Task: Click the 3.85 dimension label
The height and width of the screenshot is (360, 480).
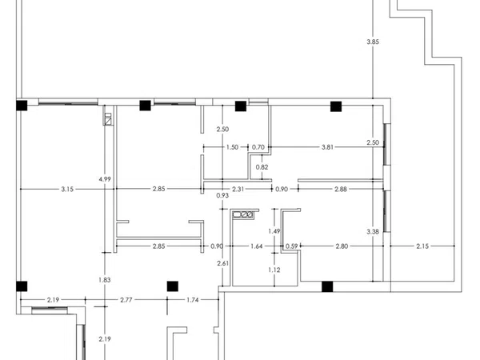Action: pos(373,42)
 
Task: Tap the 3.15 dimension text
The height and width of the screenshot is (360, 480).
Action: pos(67,189)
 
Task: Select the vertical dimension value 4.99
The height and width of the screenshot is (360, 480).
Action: pos(105,179)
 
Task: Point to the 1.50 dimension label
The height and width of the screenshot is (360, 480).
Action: pos(232,147)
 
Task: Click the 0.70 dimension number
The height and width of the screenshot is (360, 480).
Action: pos(258,147)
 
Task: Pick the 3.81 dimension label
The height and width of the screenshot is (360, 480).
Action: pos(327,147)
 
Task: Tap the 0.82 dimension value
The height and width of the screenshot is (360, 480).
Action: pos(262,167)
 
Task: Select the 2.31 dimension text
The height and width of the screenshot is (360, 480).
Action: pos(238,189)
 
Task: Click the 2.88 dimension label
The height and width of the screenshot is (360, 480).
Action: pos(341,189)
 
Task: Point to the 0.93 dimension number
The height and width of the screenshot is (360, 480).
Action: pos(222,195)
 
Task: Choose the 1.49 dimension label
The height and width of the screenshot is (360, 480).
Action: pos(274,231)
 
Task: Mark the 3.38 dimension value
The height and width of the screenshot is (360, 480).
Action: pos(373,232)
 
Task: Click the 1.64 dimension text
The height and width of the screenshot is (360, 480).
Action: pos(257,246)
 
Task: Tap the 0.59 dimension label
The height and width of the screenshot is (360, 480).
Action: pos(291,246)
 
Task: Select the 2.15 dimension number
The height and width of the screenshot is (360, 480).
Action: pos(422,246)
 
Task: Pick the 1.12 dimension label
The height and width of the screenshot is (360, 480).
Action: pos(274,270)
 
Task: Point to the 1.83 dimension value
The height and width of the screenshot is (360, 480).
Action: pos(105,280)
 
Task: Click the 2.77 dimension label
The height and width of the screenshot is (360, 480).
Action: pos(126,300)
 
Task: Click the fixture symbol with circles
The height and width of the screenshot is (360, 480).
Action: pos(243,214)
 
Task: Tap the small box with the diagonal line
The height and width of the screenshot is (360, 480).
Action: pos(108,122)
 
